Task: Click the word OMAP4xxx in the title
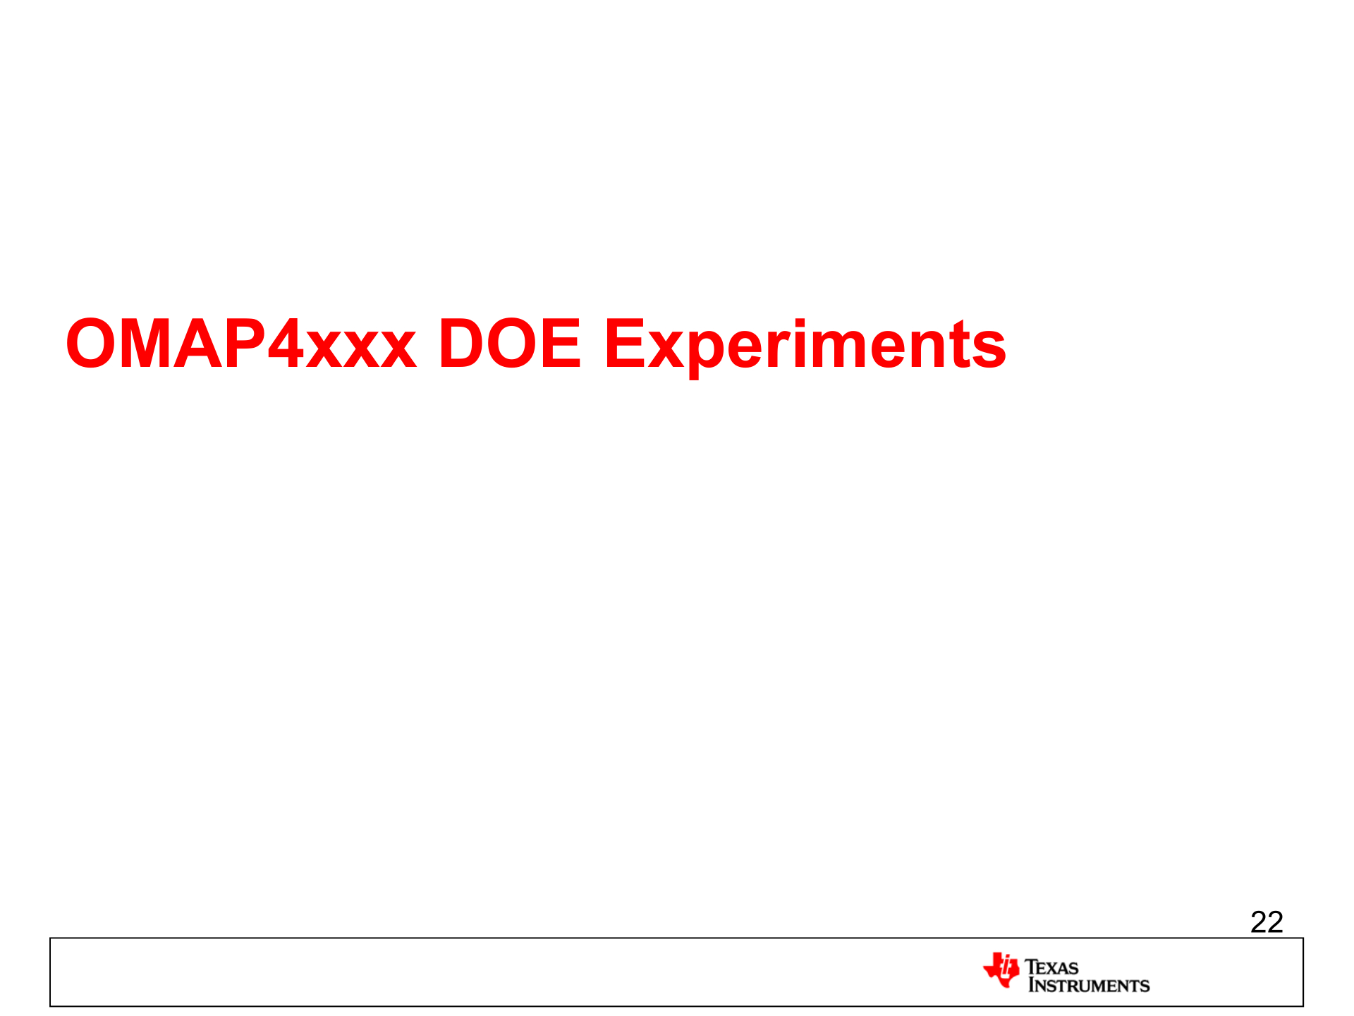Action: pos(241,344)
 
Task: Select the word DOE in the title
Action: pos(510,344)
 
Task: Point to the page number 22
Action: pos(1267,922)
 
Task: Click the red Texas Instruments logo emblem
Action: pos(1001,970)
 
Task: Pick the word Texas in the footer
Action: pos(1051,967)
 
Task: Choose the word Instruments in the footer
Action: pos(1089,986)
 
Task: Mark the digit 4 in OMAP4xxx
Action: pos(285,344)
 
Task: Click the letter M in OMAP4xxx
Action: pos(147,344)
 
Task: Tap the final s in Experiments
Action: pos(988,350)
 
